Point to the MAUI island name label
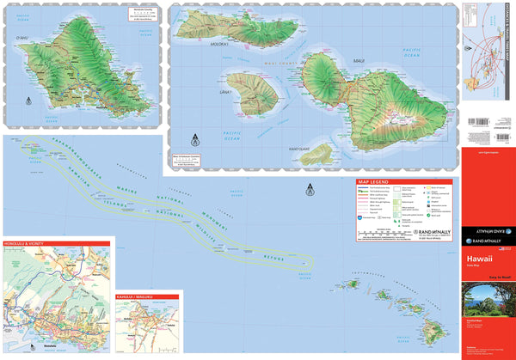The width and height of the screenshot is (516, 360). [358, 62]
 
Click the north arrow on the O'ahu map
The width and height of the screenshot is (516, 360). [28, 101]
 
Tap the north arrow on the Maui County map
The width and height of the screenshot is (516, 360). [193, 137]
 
